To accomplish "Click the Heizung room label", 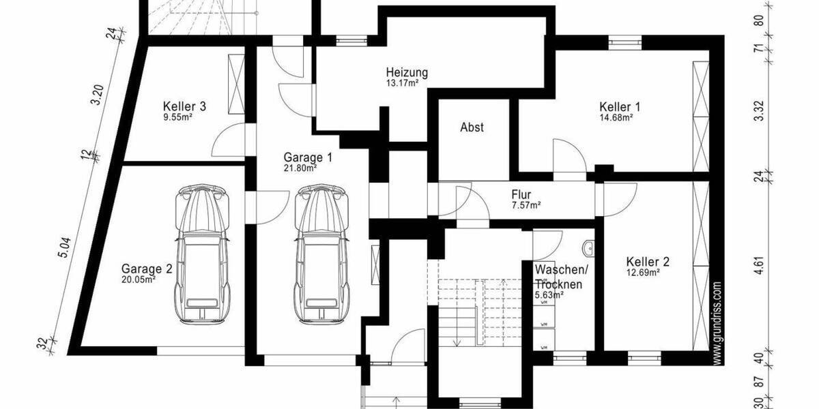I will pos(407,72).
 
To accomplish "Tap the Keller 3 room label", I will pos(184,106).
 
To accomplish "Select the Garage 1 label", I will pos(304,156).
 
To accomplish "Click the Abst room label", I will pos(472,127).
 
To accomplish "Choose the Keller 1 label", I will pos(620,106).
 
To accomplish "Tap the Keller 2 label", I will pos(647,262).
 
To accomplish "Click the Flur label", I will pos(521,194).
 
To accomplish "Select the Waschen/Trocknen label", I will pos(558,277).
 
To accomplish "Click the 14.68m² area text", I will pos(616,117).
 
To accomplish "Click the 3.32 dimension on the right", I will pos(758,111).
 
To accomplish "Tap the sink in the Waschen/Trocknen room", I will pos(588,246).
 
